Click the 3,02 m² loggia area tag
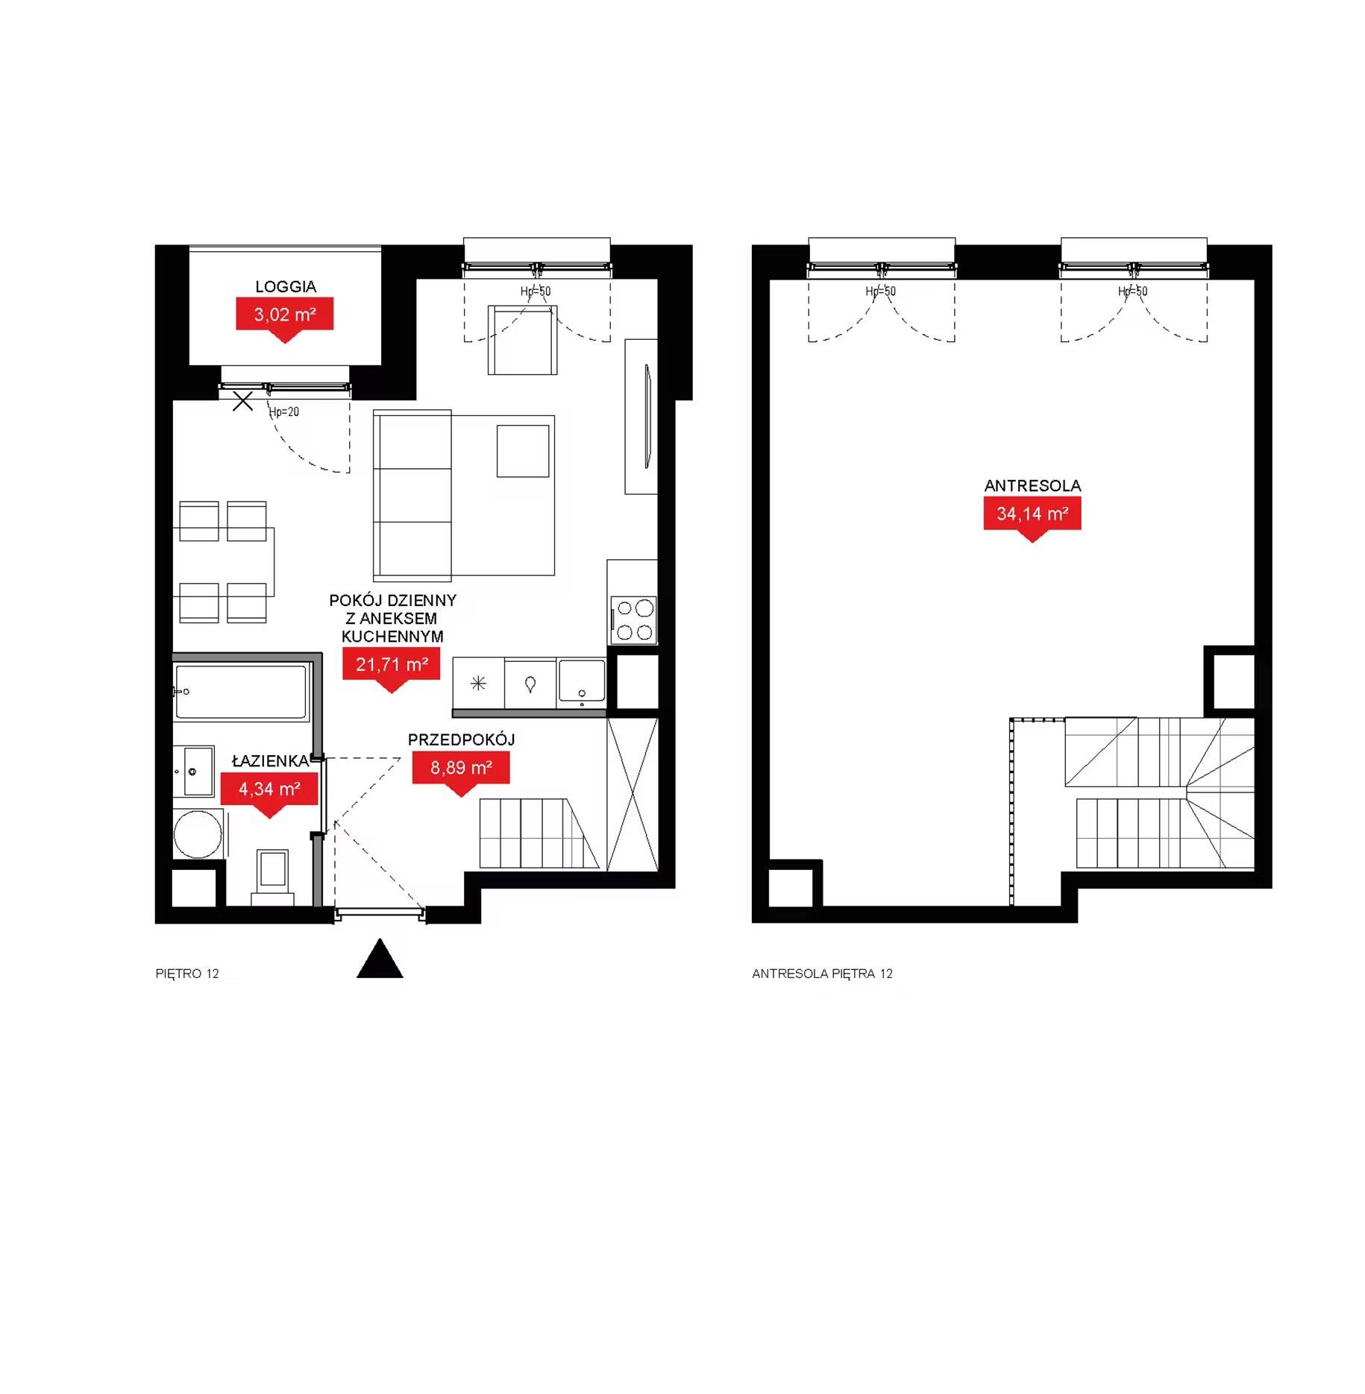coord(284,315)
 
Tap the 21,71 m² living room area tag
coord(392,665)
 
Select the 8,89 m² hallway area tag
coord(461,769)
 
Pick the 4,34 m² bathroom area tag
coord(269,789)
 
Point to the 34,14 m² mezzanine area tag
coord(1032,514)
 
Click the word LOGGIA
coord(286,287)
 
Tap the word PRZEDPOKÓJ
coord(461,739)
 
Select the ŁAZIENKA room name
coord(270,761)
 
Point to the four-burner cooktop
coord(633,620)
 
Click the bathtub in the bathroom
coord(240,692)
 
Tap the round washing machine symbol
coord(198,834)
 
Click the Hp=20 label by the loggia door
coord(284,411)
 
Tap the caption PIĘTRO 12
coord(187,974)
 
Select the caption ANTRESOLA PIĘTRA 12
coord(822,974)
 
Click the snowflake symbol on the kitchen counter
coord(478,683)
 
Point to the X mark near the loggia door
coord(242,401)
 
